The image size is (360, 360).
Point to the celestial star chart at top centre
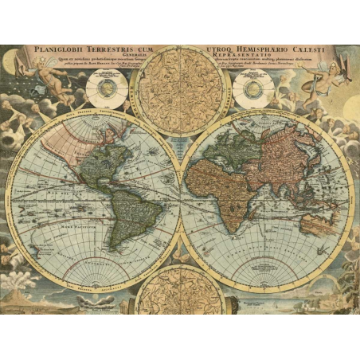179,88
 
